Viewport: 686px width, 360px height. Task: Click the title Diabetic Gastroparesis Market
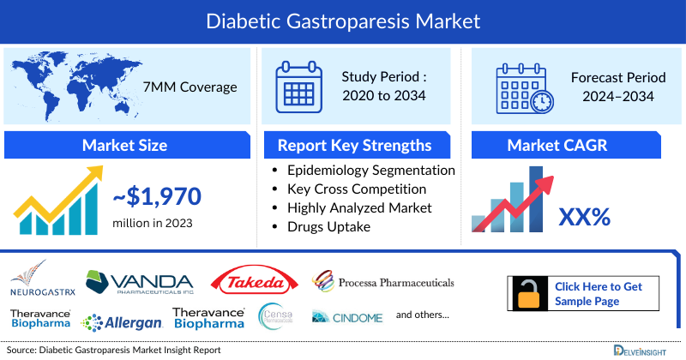tap(343, 19)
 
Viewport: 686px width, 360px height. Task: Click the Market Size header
tap(124, 145)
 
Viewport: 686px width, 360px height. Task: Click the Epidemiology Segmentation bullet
tap(371, 170)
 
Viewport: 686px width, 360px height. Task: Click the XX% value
tap(584, 217)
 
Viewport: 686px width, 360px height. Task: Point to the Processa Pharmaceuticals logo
tap(383, 282)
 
